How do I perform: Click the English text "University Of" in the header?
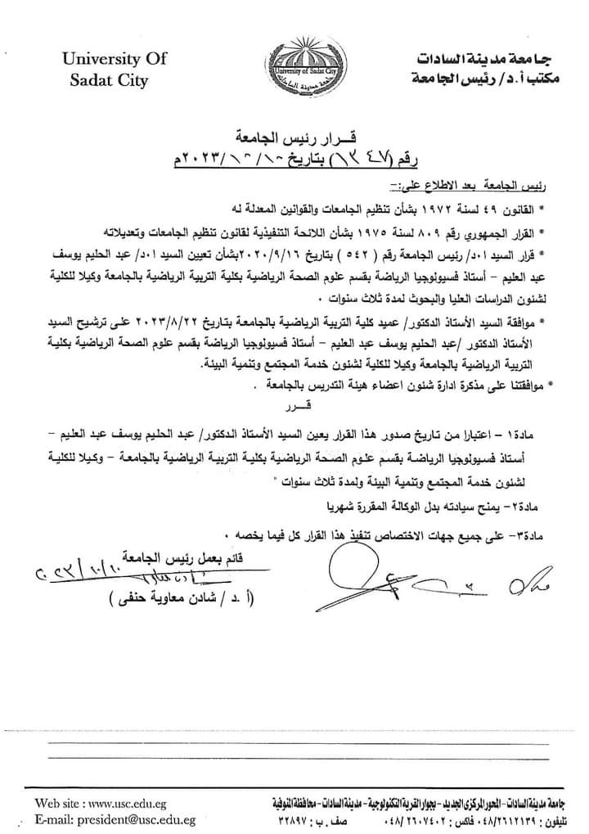click(x=114, y=59)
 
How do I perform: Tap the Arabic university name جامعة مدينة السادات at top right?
click(x=479, y=61)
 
